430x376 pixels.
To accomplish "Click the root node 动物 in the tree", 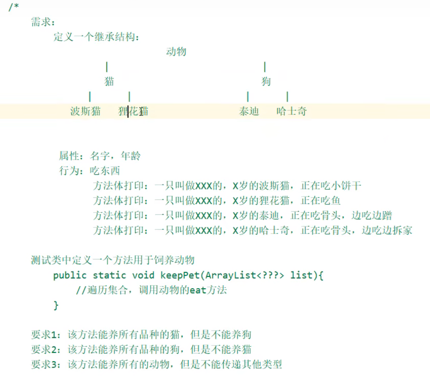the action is point(176,52).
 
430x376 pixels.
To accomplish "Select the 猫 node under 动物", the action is point(109,82).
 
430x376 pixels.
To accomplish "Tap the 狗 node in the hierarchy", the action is point(266,82).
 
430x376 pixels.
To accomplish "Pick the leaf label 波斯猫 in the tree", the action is point(85,112).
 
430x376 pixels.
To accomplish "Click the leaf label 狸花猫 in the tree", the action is point(133,112).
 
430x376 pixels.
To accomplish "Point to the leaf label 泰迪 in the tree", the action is point(249,112).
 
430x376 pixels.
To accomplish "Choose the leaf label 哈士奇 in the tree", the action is point(292,112).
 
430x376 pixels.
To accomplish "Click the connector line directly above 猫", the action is point(107,67).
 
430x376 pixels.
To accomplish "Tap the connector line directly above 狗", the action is point(265,67).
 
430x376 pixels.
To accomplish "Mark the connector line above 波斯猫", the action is point(90,96).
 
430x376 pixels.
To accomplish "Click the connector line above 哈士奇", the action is point(287,96).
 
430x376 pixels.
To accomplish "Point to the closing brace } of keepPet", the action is point(56,305).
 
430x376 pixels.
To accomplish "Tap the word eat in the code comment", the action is point(198,290).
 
